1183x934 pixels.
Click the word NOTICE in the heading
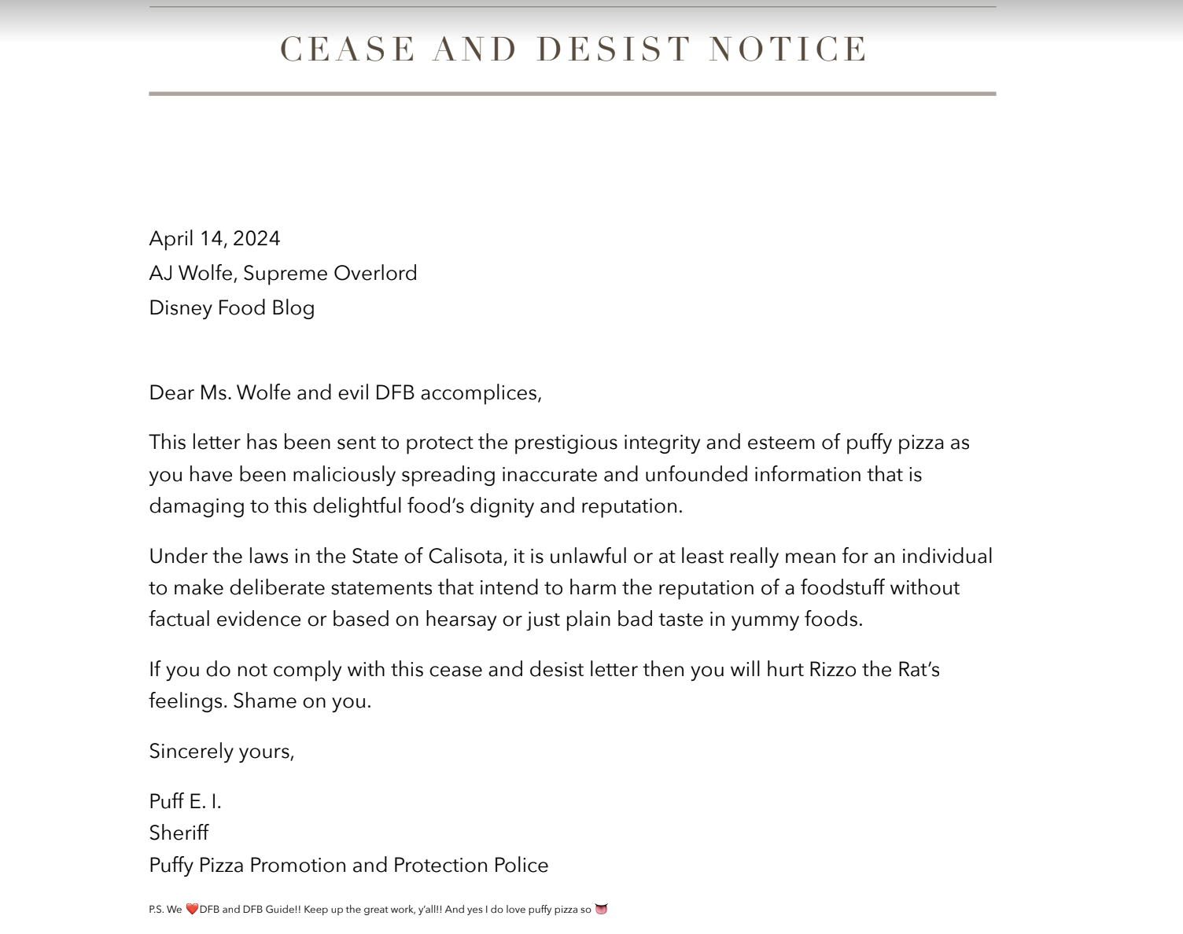pyautogui.click(x=787, y=50)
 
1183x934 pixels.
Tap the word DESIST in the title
pyautogui.click(x=614, y=50)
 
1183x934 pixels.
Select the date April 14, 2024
pyautogui.click(x=215, y=238)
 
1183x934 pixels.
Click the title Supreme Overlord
pyautogui.click(x=330, y=273)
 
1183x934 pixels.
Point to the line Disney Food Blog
pyautogui.click(x=232, y=307)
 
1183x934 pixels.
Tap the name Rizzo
pyautogui.click(x=833, y=669)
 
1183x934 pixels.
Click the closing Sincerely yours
pyautogui.click(x=221, y=751)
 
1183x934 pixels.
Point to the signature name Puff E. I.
pyautogui.click(x=186, y=801)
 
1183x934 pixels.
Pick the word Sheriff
pyautogui.click(x=179, y=833)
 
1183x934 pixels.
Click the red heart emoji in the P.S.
pyautogui.click(x=192, y=910)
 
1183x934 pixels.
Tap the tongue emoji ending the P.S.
pyautogui.click(x=602, y=910)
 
